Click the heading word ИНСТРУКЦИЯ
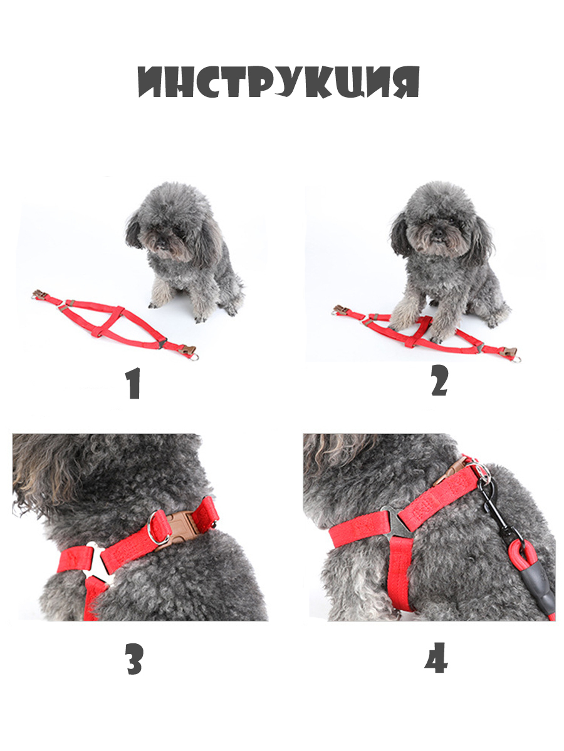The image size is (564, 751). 278,81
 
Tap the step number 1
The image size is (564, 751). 134,383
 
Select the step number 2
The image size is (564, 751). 440,380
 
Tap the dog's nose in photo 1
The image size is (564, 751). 162,244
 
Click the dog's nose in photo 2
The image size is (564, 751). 438,233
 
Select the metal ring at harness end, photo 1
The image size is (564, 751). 194,357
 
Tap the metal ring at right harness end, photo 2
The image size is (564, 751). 516,359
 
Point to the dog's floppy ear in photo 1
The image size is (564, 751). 133,232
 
